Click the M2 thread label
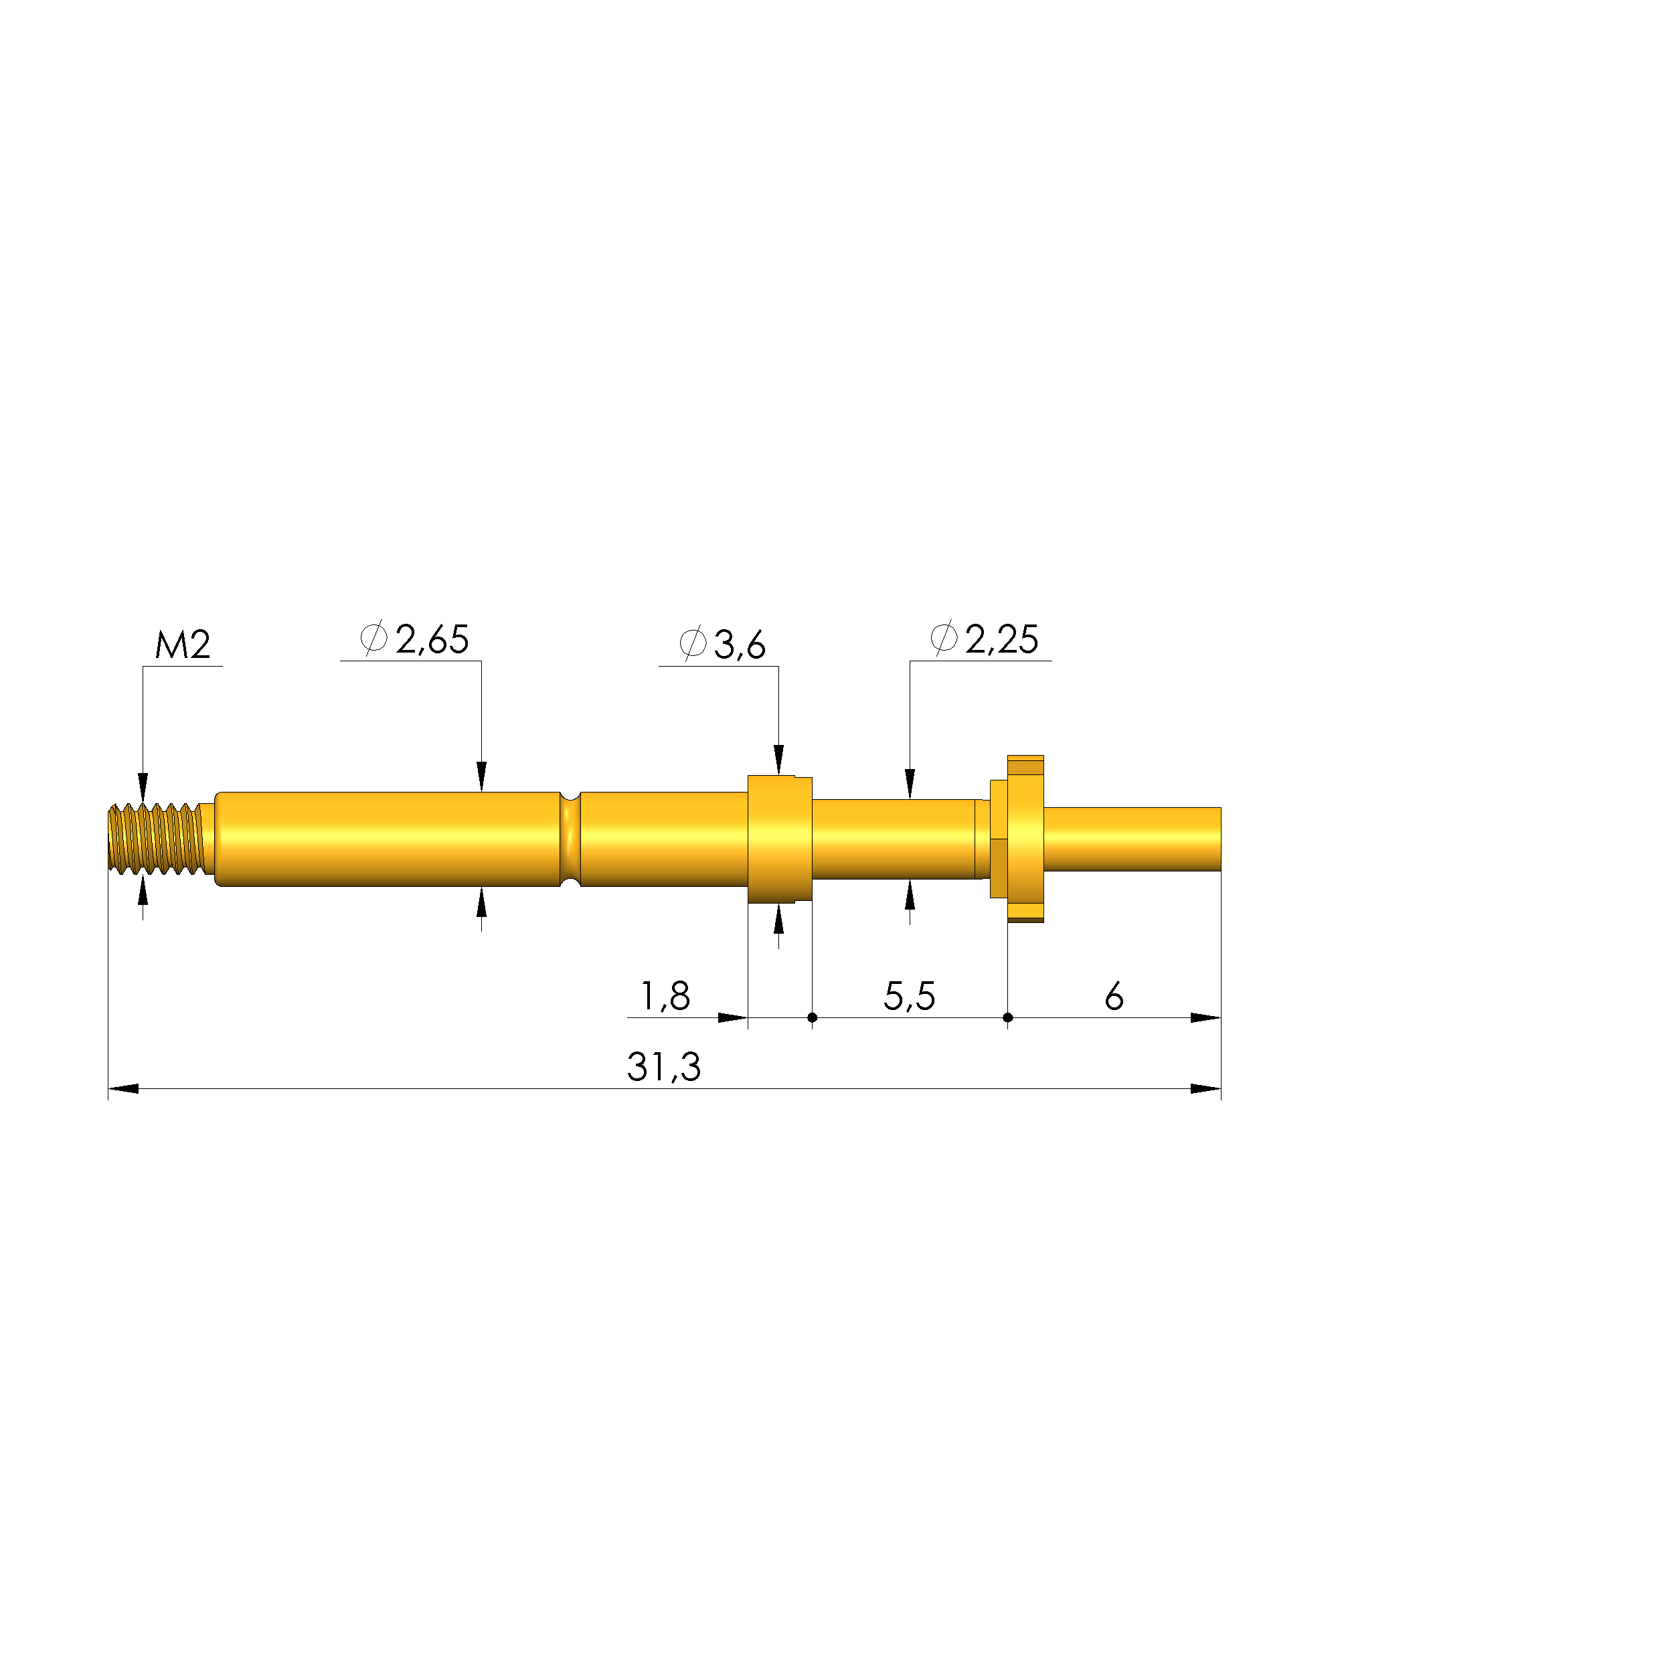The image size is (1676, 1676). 182,645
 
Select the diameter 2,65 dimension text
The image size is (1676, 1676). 415,639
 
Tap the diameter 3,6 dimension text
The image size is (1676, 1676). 723,644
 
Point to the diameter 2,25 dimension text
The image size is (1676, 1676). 984,639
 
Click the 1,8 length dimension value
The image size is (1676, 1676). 665,996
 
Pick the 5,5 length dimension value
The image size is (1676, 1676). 909,996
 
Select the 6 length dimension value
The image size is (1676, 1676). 1114,996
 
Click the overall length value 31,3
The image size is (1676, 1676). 663,1067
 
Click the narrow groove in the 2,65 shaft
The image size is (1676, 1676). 570,839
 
